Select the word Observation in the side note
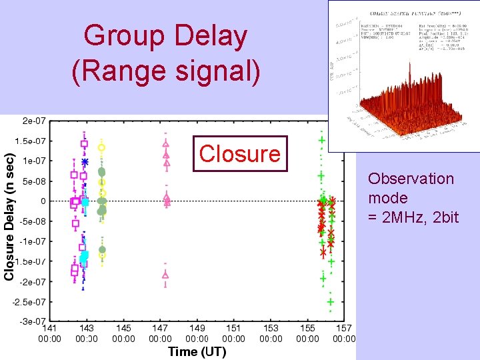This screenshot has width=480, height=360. pos(411,179)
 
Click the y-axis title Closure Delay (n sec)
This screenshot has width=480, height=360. pos(9,217)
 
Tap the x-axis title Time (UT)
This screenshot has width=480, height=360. pos(197,351)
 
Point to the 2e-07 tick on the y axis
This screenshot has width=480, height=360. pos(34,121)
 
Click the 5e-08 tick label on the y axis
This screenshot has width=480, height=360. pos(34,181)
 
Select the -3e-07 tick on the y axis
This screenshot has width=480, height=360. pos(33,322)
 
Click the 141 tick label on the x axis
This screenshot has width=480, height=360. pos(50,328)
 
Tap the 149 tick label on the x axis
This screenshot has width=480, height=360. pos(197,328)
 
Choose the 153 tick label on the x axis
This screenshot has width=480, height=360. pos(270,328)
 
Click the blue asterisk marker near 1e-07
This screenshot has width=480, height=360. pos(85,162)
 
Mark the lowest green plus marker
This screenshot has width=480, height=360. pos(330,302)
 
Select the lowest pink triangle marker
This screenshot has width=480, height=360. pos(165,274)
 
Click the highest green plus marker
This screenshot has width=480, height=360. pos(322,141)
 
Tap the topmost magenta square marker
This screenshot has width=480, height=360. pos(84,143)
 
